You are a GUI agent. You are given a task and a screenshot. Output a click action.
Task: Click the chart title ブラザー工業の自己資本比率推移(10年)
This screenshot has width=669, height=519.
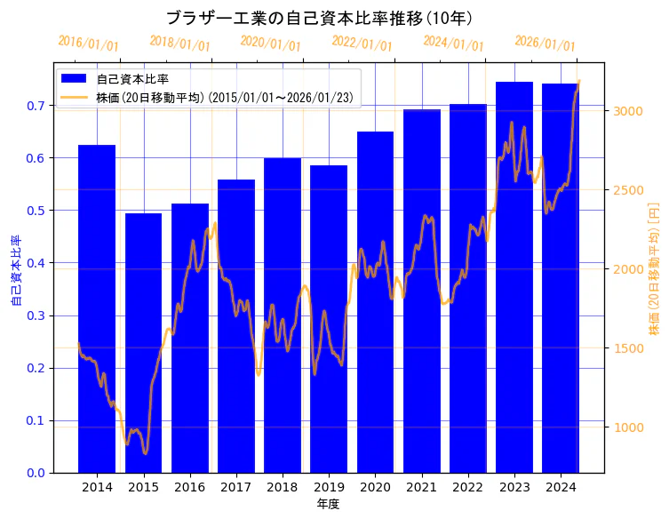tap(319, 19)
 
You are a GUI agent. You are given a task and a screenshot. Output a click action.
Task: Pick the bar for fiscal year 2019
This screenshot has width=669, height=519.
tap(329, 319)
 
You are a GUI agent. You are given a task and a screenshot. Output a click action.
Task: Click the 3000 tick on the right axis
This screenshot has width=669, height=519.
tap(627, 111)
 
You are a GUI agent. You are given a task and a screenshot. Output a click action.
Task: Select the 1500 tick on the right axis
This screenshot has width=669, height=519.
tap(627, 348)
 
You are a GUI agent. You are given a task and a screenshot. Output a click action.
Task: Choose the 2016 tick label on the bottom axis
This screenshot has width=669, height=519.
tap(189, 488)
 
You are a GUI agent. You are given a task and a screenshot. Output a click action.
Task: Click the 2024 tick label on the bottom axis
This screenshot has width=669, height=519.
tap(561, 488)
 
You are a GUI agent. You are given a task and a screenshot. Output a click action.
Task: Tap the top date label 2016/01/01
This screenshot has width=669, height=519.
tap(88, 44)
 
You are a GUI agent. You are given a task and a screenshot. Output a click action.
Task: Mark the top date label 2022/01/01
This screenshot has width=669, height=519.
tap(362, 44)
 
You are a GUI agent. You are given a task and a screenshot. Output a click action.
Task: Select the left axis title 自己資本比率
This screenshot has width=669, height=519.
tap(15, 271)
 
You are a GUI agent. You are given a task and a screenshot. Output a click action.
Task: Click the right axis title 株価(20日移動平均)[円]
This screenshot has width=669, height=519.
tap(655, 267)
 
